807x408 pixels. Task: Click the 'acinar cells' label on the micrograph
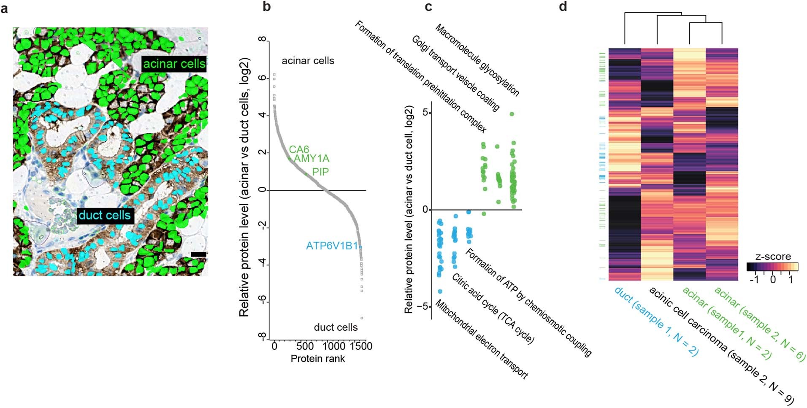[174, 64]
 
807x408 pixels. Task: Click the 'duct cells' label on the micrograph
[105, 215]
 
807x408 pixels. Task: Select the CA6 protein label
[299, 149]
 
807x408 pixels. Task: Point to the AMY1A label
[311, 159]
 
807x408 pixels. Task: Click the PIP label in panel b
[320, 172]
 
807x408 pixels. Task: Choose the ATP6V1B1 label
[332, 246]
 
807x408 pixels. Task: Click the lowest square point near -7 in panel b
[362, 318]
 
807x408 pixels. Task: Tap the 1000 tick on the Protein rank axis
[333, 346]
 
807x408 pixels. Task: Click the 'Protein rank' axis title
[317, 359]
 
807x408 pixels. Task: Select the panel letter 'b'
[266, 7]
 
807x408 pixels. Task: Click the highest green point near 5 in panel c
[512, 114]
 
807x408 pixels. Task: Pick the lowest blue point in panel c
[440, 291]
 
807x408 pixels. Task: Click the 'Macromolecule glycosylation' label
[477, 60]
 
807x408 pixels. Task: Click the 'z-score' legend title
[773, 257]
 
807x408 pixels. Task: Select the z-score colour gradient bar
[772, 267]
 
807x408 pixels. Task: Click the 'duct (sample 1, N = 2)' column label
[656, 322]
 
